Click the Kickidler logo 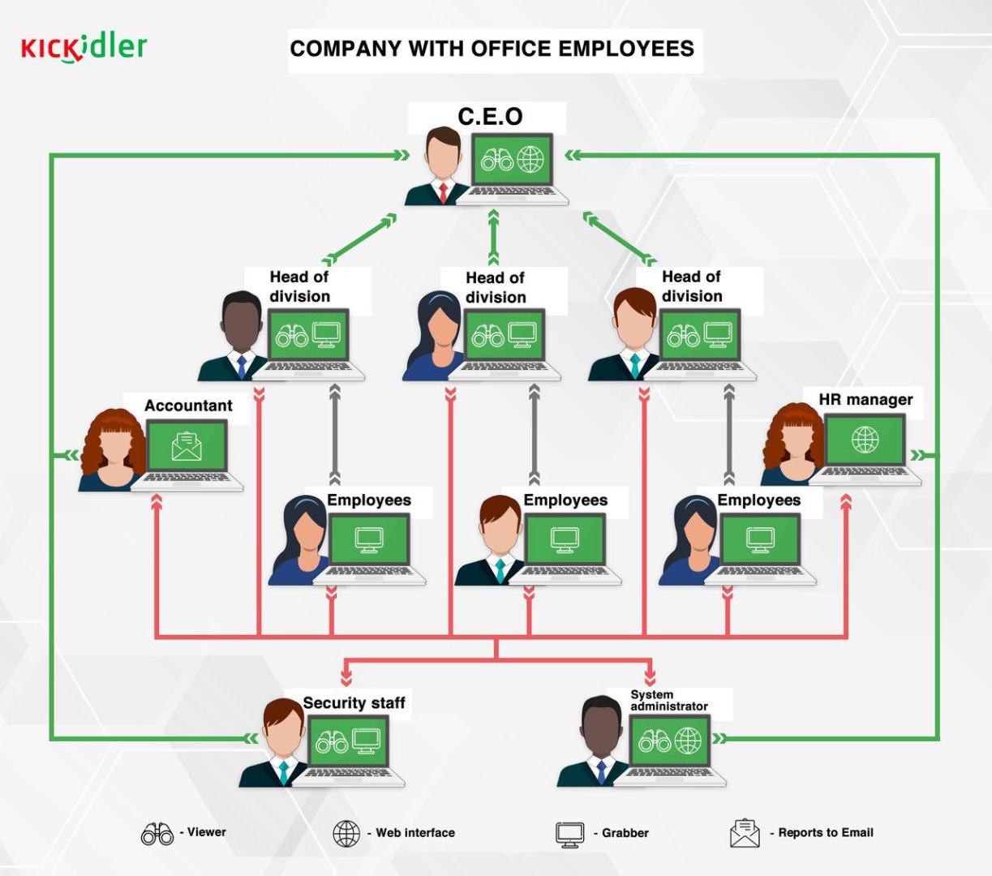point(84,48)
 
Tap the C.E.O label point(490,117)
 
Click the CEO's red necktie point(443,193)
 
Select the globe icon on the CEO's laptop point(530,159)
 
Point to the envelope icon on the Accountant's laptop point(187,447)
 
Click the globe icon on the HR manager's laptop point(865,440)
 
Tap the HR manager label point(865,400)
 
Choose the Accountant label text point(188,406)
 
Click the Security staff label point(354,702)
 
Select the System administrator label point(669,700)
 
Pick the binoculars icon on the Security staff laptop point(332,742)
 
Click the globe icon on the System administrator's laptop point(688,741)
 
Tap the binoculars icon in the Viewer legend point(157,834)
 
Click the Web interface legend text point(415,833)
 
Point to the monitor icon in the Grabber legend point(570,835)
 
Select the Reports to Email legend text point(826,832)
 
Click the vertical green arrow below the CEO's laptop point(493,238)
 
